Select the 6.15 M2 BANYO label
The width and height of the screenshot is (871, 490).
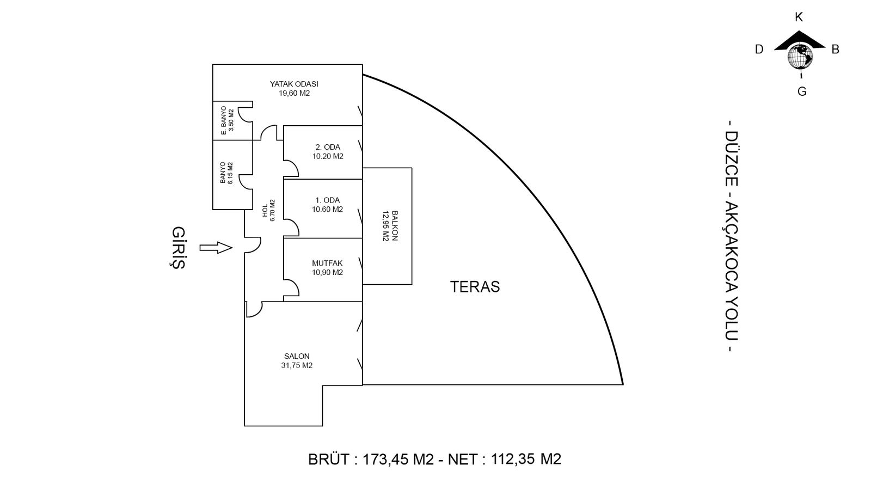(226, 173)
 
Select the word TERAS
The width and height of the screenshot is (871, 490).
(475, 287)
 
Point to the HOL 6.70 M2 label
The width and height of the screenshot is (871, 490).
(269, 210)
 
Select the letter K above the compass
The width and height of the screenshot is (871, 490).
(799, 17)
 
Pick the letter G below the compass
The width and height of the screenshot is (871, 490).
(802, 91)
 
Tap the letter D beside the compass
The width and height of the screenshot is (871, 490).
(759, 50)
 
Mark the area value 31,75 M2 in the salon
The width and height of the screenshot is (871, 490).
(297, 366)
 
